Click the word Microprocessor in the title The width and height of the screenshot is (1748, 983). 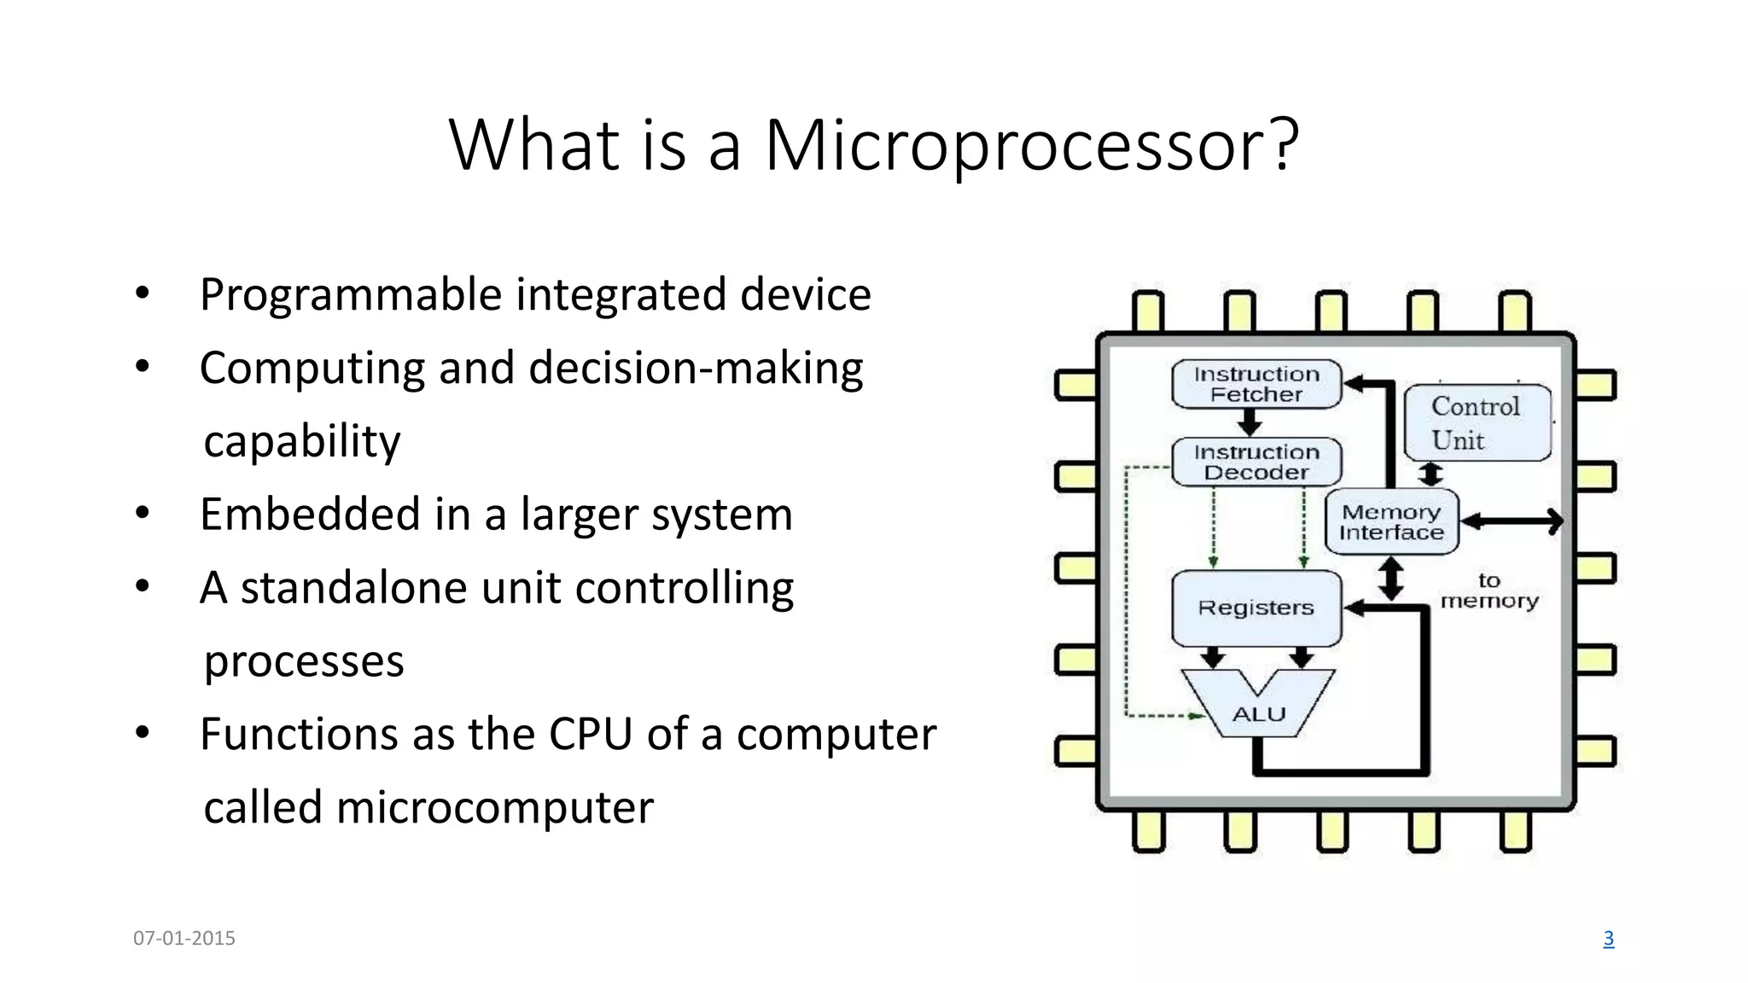point(1031,146)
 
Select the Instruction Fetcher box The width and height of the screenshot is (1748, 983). point(1256,385)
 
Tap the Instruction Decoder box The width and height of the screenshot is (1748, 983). point(1256,462)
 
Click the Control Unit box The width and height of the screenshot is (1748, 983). point(1477,423)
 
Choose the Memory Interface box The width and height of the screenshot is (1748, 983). point(1391,522)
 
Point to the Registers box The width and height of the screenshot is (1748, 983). point(1256,608)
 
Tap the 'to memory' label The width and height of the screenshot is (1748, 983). point(1489,591)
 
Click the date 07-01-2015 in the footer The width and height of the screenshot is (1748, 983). point(184,939)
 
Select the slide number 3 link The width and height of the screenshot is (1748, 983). point(1608,939)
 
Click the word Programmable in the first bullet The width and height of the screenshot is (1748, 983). point(351,295)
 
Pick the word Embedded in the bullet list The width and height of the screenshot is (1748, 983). point(311,515)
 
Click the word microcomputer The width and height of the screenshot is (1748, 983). point(495,807)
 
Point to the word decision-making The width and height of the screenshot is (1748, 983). point(696,369)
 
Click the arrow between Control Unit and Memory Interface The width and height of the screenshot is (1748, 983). point(1430,474)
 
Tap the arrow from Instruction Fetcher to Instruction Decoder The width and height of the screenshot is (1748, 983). point(1250,422)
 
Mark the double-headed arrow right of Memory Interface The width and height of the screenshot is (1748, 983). point(1512,521)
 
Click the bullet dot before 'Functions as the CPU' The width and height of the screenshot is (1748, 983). point(143,733)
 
